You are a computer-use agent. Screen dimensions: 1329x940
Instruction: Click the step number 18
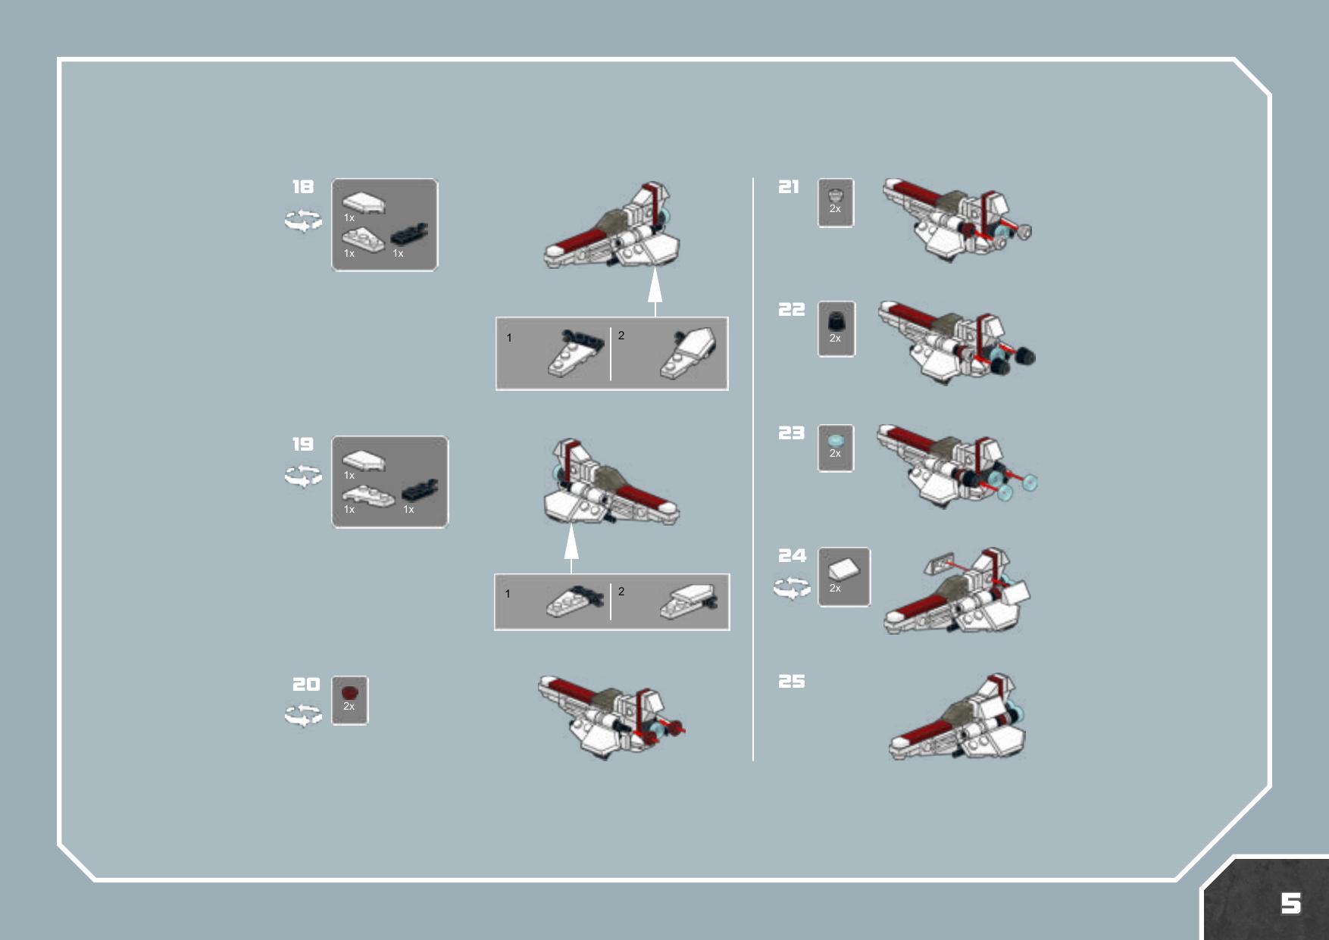pyautogui.click(x=303, y=186)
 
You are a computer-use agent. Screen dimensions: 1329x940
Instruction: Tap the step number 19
pyautogui.click(x=303, y=444)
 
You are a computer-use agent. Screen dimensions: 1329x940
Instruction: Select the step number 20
pyautogui.click(x=306, y=684)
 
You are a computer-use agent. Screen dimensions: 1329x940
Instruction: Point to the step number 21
pyautogui.click(x=789, y=186)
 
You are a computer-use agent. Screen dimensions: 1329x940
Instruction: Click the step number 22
pyautogui.click(x=792, y=309)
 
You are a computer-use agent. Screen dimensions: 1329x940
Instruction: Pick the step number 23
pyautogui.click(x=792, y=433)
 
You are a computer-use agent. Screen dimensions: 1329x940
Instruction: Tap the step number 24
pyautogui.click(x=793, y=555)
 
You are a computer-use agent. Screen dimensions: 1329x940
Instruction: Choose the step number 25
pyautogui.click(x=792, y=681)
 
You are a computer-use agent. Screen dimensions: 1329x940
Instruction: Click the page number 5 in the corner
pyautogui.click(x=1291, y=903)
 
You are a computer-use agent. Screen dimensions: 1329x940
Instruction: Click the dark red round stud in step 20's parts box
pyautogui.click(x=349, y=692)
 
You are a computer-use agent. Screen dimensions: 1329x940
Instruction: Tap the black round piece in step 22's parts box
pyautogui.click(x=835, y=321)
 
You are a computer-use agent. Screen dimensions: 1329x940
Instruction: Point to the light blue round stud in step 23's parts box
pyautogui.click(x=835, y=440)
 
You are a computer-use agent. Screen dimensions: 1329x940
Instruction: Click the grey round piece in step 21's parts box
pyautogui.click(x=835, y=194)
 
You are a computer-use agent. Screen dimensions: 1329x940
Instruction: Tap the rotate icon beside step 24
pyautogui.click(x=792, y=588)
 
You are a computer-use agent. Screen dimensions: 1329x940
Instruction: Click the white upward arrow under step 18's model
pyautogui.click(x=655, y=294)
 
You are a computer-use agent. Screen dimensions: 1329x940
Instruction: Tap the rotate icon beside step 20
pyautogui.click(x=303, y=715)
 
